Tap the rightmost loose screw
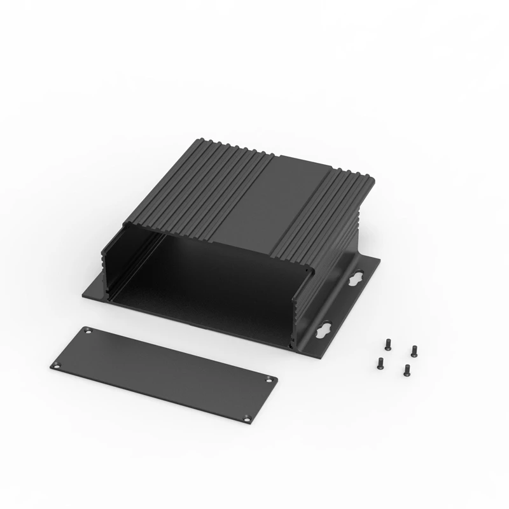[414, 349]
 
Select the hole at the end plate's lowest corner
[248, 417]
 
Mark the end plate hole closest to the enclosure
[88, 330]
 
